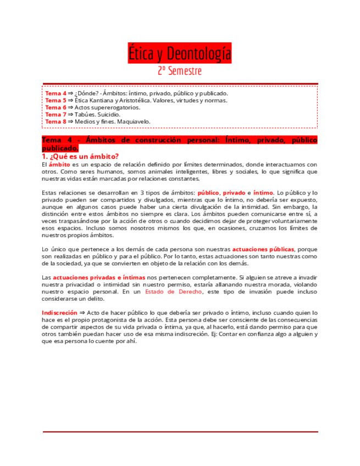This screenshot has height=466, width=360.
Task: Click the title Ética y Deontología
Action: tap(180, 54)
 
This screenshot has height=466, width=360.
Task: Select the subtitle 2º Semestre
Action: tap(180, 71)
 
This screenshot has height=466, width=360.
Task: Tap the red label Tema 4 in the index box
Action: tap(56, 93)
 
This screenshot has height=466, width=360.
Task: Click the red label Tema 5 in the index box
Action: tap(56, 101)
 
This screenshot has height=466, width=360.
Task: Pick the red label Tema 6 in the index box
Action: tap(56, 108)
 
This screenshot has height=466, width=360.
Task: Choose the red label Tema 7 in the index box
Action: tap(56, 114)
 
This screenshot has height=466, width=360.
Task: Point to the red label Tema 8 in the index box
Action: tap(56, 121)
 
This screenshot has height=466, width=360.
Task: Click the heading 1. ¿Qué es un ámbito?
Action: tap(80, 157)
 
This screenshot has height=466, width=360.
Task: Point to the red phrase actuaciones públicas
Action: tap(263, 249)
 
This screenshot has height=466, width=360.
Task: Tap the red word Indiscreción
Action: tap(59, 313)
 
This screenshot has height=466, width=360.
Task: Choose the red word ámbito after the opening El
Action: tap(59, 164)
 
